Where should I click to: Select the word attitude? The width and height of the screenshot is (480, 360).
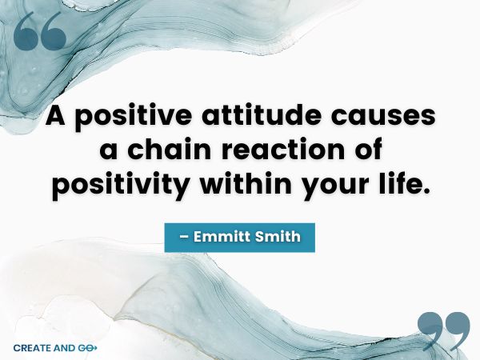click(x=253, y=117)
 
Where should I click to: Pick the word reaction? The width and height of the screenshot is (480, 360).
click(x=276, y=150)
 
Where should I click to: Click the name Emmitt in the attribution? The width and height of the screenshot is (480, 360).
click(x=218, y=238)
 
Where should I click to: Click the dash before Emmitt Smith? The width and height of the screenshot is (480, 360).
click(x=181, y=238)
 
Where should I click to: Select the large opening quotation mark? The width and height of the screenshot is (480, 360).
click(x=39, y=33)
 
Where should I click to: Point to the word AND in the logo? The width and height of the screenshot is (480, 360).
click(x=63, y=348)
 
